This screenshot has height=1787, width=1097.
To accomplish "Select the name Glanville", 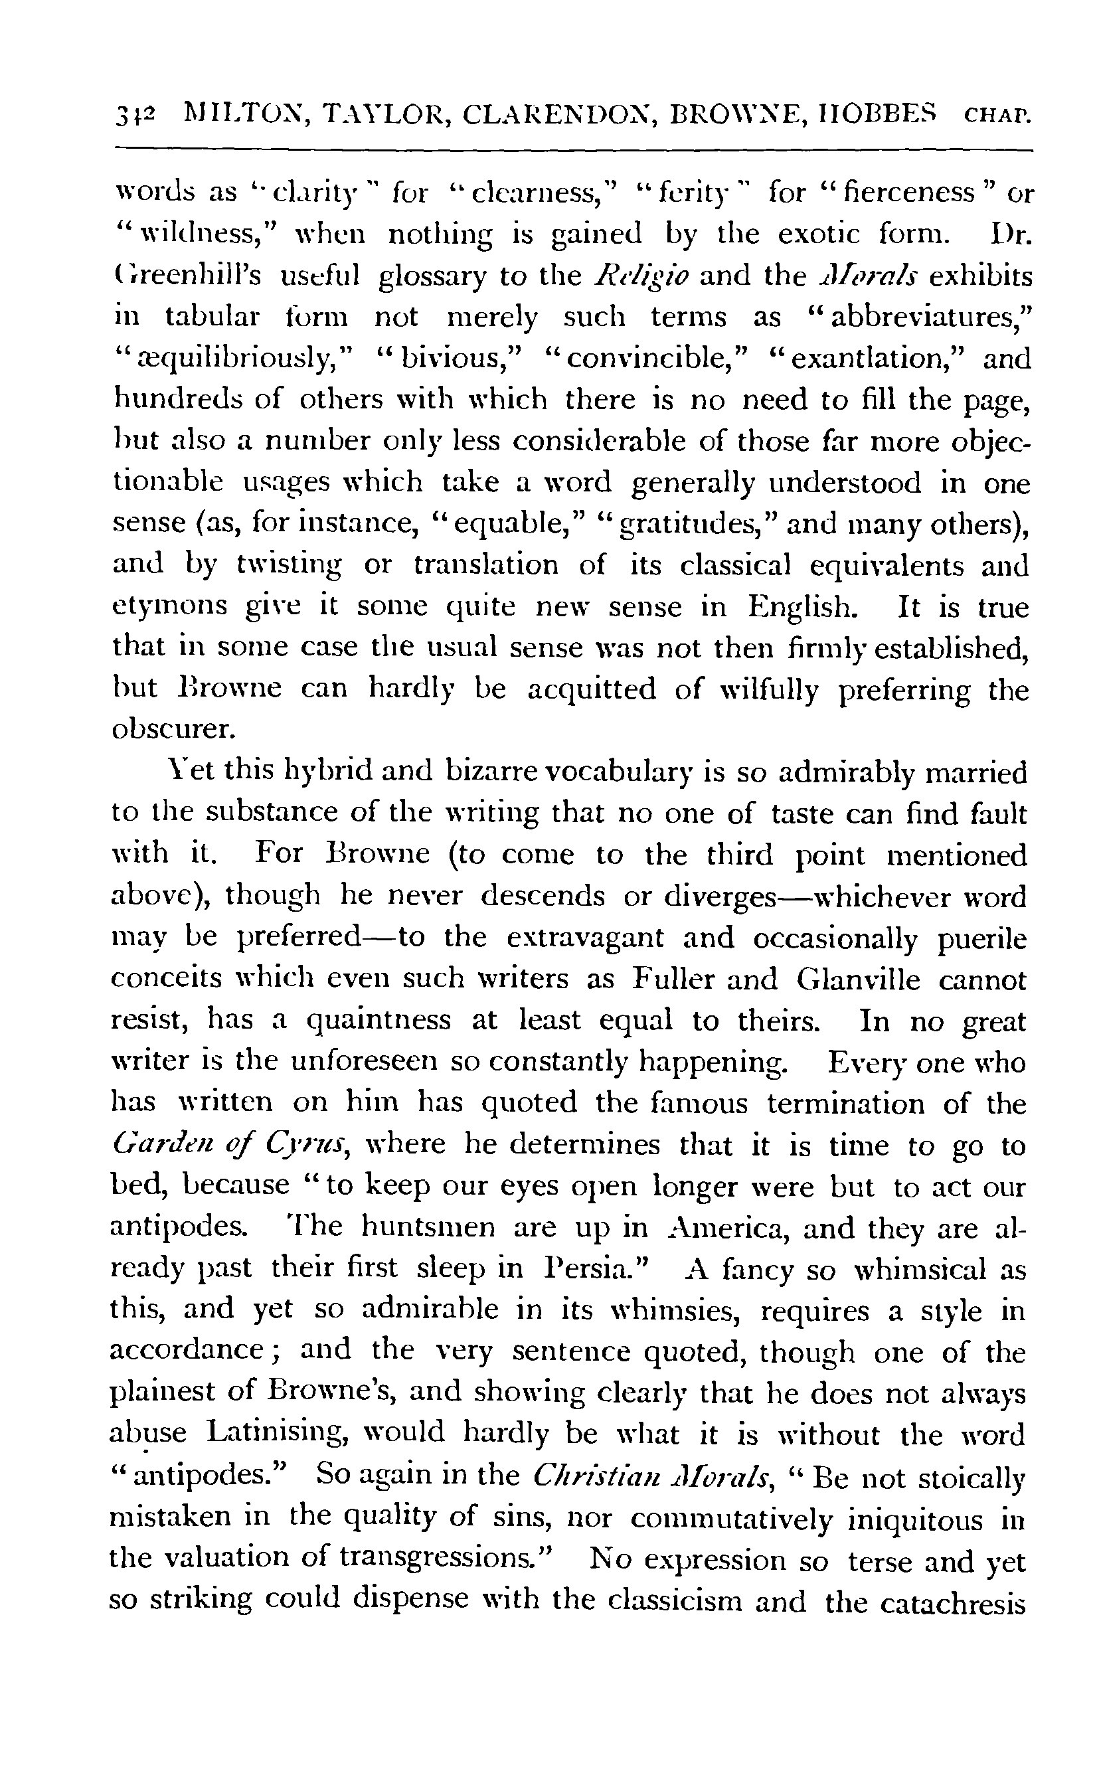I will point(859,979).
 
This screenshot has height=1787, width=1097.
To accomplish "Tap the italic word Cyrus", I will point(308,1146).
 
